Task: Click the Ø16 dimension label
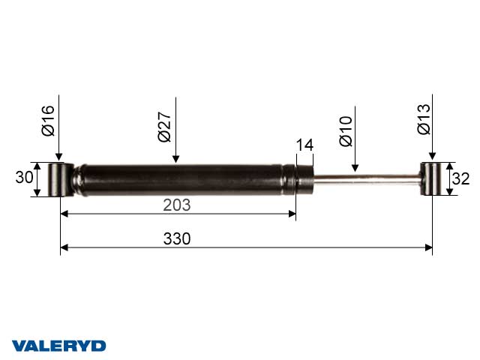point(48,121)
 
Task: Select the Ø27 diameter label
point(164,127)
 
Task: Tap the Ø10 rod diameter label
point(346,131)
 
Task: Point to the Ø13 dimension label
point(424,119)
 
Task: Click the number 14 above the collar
point(305,145)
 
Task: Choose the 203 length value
point(177,205)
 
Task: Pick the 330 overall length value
point(177,238)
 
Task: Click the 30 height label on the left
point(24,177)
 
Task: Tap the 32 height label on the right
point(460,178)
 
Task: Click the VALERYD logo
point(58,346)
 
